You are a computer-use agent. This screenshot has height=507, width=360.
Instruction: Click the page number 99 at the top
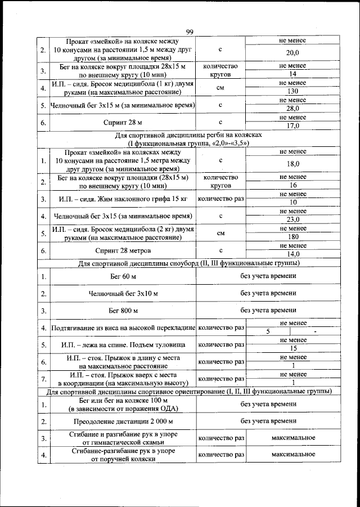190,32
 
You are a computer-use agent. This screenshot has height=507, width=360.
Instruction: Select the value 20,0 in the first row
292,52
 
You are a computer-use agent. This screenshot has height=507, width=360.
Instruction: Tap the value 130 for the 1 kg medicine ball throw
292,92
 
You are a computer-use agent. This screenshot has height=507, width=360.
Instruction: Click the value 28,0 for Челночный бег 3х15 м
292,109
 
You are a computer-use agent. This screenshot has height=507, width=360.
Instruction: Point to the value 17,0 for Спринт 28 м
292,126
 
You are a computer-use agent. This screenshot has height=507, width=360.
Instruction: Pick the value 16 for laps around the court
292,185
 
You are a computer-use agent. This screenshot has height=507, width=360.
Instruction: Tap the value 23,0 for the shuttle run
292,220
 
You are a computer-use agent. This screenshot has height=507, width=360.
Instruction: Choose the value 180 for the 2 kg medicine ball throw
292,237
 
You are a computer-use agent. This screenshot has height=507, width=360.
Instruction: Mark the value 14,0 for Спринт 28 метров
292,254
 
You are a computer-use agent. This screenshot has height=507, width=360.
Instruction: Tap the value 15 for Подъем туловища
292,348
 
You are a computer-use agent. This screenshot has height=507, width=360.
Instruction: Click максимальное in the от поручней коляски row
292,454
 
